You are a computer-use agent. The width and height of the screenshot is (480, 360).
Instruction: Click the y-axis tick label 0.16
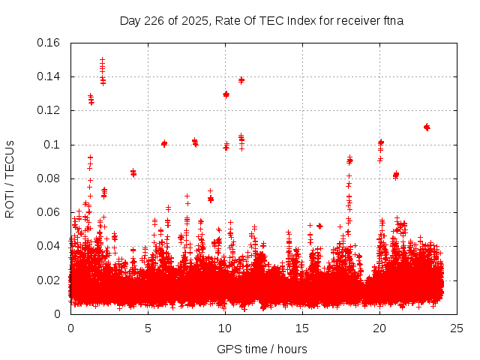(x=50, y=43)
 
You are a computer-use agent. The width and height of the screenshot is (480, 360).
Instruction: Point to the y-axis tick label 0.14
(x=50, y=76)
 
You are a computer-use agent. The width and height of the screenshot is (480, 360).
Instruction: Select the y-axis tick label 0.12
(x=50, y=110)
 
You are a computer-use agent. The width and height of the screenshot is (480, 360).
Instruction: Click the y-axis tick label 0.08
(x=50, y=178)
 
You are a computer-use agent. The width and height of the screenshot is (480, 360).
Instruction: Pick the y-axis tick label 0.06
(x=50, y=212)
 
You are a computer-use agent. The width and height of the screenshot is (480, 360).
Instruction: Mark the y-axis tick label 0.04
(x=50, y=246)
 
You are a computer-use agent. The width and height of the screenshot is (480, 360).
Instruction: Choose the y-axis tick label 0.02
(x=50, y=280)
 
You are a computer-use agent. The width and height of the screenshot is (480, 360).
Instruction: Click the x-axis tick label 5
(x=148, y=328)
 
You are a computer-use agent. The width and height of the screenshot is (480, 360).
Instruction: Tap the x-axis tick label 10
(x=225, y=328)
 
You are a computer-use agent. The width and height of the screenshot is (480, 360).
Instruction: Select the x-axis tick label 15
(x=302, y=328)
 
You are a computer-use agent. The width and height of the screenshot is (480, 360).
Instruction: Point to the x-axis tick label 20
(x=379, y=328)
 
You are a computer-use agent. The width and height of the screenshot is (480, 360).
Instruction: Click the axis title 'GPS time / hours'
(x=262, y=349)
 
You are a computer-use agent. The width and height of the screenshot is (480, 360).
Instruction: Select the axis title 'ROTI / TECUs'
(x=10, y=178)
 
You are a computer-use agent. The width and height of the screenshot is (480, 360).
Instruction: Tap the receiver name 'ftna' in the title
(x=393, y=20)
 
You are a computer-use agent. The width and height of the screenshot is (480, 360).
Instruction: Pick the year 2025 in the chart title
(x=190, y=20)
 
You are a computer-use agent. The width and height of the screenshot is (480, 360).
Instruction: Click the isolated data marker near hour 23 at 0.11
(x=427, y=127)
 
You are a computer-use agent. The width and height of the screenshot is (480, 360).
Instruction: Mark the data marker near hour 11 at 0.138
(x=241, y=79)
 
